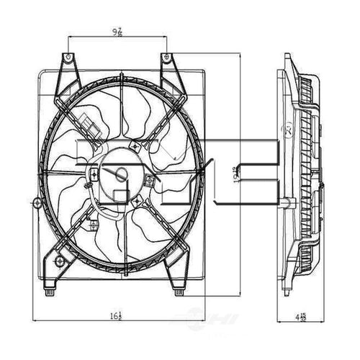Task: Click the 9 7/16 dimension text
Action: coord(116,32)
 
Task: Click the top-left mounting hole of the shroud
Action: coord(68,56)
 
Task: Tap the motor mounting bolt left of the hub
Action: coord(94,172)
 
